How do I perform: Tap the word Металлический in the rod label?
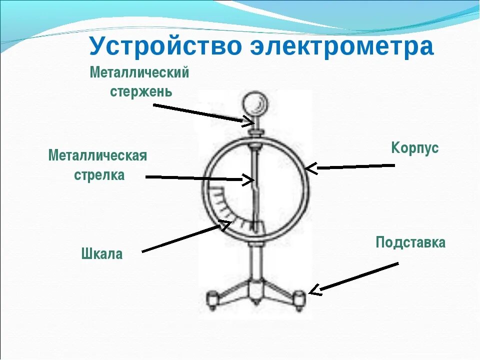click(x=139, y=73)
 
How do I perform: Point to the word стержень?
click(x=141, y=91)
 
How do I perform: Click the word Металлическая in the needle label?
click(x=97, y=155)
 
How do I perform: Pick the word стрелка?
click(x=99, y=175)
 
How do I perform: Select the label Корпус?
click(x=414, y=148)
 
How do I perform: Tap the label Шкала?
click(x=101, y=254)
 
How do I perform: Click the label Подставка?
click(x=410, y=243)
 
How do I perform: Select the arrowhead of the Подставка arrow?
click(x=314, y=289)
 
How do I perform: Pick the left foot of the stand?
click(x=212, y=298)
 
